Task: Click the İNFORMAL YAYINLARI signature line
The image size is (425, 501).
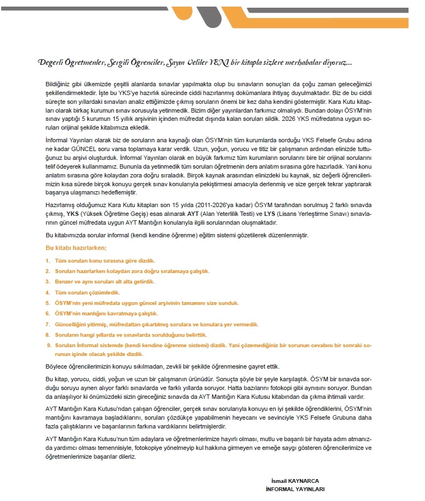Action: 294,488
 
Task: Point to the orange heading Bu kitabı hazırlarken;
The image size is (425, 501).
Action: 76,248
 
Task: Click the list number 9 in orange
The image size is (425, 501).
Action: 48,345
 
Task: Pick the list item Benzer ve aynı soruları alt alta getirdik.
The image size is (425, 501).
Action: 105,281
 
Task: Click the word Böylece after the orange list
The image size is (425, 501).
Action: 57,366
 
